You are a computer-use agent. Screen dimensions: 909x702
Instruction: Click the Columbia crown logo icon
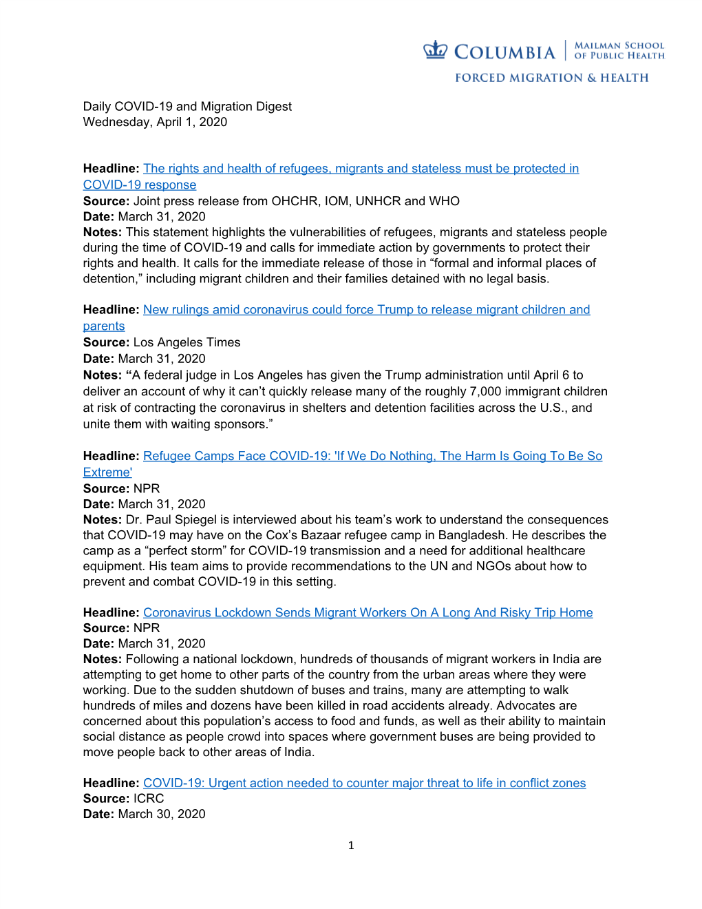coord(435,50)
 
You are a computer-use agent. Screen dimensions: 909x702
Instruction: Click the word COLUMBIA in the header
coord(504,52)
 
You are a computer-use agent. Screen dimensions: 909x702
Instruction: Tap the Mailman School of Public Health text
coord(619,50)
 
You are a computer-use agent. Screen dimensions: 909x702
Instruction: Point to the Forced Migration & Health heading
coord(551,78)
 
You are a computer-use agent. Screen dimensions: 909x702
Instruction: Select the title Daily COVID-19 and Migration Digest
coord(187,106)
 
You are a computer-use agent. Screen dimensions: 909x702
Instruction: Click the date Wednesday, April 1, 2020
coord(155,122)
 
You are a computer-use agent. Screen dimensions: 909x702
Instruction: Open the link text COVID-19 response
coord(140,185)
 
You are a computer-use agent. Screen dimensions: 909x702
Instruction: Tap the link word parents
coord(104,326)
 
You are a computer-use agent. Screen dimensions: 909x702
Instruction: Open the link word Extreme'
coord(107,472)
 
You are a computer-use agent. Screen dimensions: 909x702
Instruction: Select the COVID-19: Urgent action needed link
coord(364,783)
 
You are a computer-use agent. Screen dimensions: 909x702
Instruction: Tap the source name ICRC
coord(149,798)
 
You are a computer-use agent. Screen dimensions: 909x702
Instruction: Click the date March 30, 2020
coord(162,814)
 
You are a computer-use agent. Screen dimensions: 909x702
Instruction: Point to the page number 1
coord(351,845)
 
